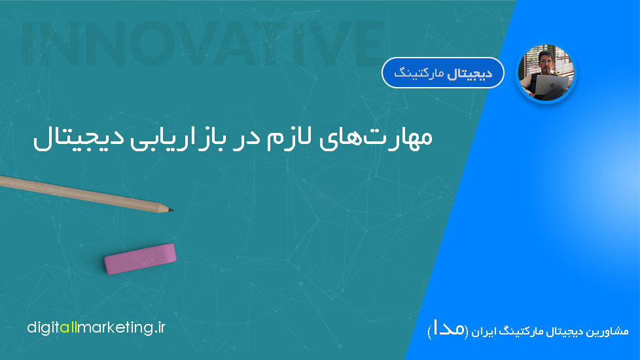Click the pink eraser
140,259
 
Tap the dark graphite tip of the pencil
171,210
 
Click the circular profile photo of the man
546,73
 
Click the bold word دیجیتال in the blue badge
470,73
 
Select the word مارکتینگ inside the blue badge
419,73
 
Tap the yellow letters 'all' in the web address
69,327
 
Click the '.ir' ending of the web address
160,327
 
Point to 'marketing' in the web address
115,328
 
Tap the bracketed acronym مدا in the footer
448,329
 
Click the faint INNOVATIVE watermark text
202,43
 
